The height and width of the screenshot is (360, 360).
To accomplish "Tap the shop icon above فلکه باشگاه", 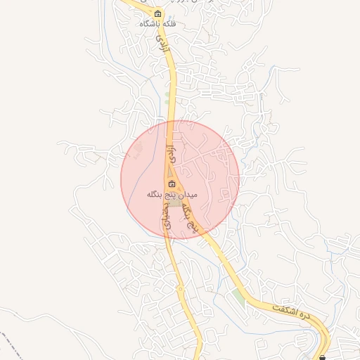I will (157, 14).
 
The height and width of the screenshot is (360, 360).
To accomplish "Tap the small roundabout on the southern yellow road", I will (180, 288).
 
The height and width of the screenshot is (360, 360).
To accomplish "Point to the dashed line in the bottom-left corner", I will (11, 345).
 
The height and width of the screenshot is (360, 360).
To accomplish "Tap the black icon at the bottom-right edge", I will (323, 357).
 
